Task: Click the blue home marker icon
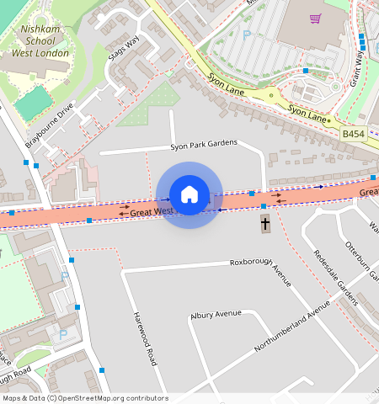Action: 189,194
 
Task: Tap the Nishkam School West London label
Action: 40,41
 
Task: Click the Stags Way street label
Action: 124,49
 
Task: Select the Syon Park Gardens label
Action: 204,145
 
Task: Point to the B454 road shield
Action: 354,134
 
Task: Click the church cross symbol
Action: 264,223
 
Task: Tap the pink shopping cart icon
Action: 315,19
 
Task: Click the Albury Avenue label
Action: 216,314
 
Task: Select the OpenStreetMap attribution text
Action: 85,398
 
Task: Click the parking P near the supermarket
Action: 247,35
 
